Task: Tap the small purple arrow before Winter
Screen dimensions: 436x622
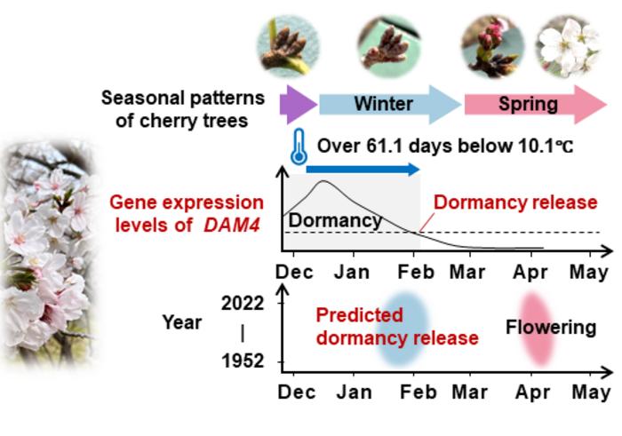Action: (298, 104)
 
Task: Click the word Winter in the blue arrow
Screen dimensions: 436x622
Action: (383, 104)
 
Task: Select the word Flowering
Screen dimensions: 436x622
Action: (550, 327)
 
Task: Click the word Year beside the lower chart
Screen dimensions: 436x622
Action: (181, 322)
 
